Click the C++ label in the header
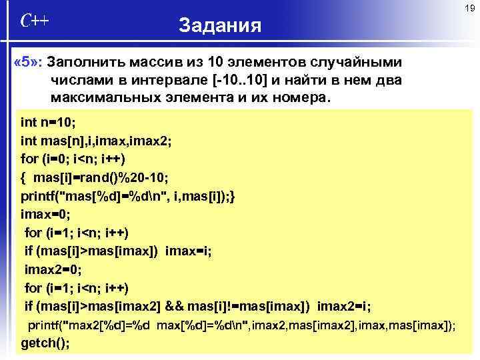[34, 20]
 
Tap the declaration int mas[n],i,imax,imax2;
[96, 141]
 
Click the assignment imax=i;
[189, 251]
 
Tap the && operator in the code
[175, 307]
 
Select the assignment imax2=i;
[344, 307]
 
